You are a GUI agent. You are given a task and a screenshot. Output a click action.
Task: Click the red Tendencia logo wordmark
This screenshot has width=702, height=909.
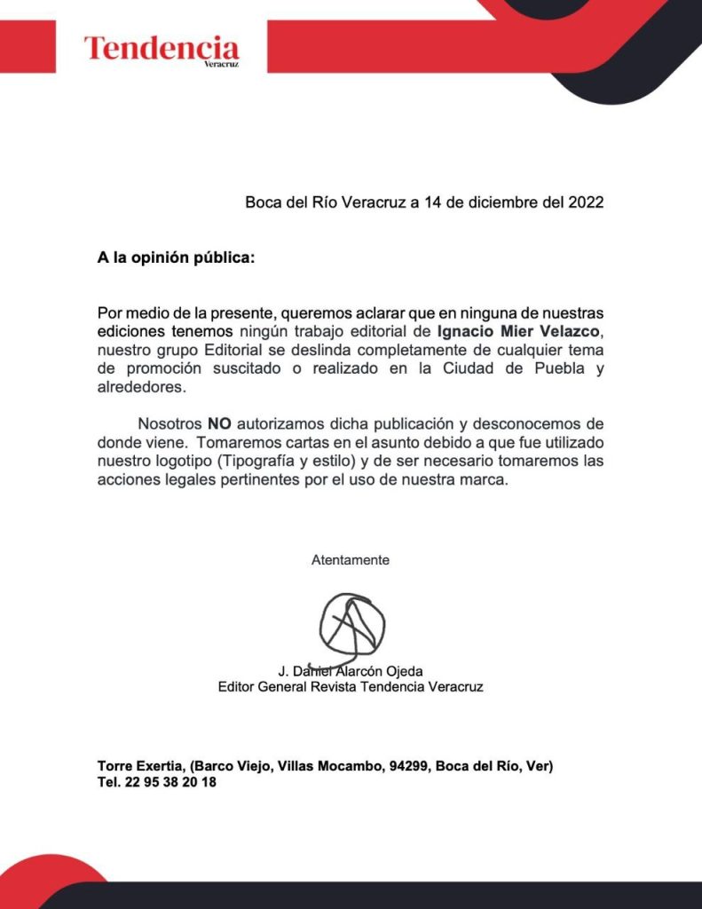tap(162, 47)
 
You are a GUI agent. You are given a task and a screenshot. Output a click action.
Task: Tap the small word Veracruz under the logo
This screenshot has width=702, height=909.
tap(221, 65)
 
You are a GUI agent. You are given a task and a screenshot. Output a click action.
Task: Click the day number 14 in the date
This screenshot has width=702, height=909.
tap(432, 202)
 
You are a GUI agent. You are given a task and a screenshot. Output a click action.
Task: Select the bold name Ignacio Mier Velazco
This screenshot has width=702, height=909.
tap(525, 332)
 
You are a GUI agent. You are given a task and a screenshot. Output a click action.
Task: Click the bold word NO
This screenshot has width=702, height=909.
tap(219, 424)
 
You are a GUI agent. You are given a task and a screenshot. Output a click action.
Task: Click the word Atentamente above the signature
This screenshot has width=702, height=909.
tap(351, 560)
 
